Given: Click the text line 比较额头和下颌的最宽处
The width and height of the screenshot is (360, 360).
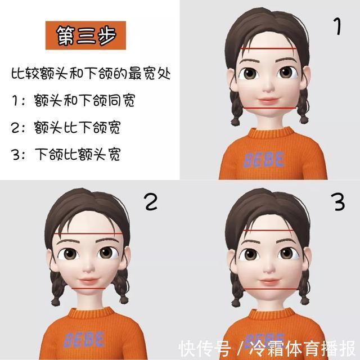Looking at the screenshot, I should tap(91, 73).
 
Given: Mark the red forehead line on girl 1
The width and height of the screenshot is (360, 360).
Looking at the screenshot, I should tap(268, 51).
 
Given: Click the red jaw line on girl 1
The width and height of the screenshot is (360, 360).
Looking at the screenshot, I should tap(268, 107).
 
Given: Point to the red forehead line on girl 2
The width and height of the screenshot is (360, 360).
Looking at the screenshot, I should tap(89, 233).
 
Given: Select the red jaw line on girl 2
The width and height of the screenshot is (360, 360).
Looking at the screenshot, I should tap(89, 288).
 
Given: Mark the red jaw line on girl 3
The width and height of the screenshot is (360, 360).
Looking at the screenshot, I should tap(269, 289).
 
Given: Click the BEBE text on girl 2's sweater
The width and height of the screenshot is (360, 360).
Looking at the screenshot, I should tap(84, 339).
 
